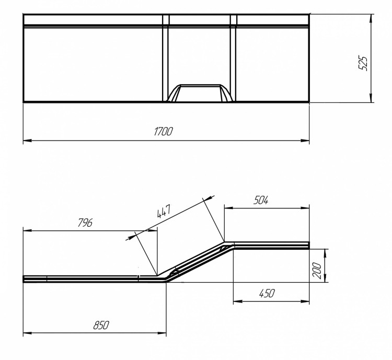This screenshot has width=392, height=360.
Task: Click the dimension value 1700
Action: [x=164, y=131]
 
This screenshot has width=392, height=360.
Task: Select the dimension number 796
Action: [x=85, y=223]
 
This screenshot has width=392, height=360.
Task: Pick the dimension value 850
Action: [x=100, y=324]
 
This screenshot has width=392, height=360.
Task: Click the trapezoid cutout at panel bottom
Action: [x=200, y=93]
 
